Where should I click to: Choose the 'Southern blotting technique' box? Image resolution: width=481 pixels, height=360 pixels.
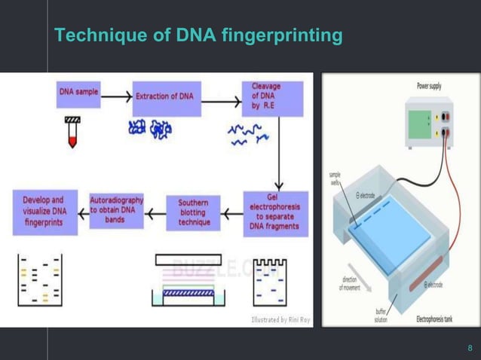[x=194, y=212]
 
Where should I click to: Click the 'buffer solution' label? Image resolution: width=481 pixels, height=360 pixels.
[x=381, y=315]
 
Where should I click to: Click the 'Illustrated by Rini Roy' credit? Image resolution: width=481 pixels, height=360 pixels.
[x=280, y=320]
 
